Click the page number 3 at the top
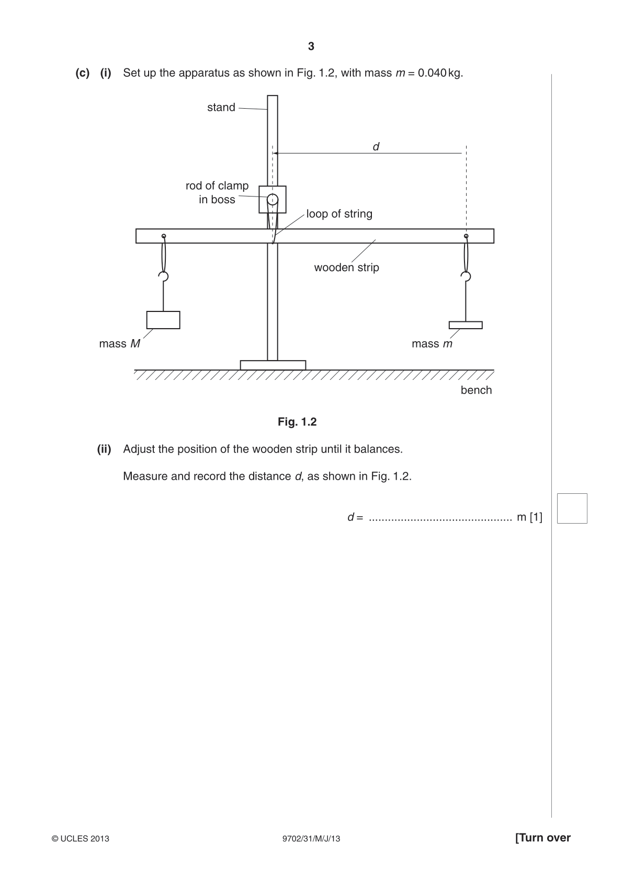click(311, 47)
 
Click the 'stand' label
click(221, 107)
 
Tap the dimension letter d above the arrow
click(376, 146)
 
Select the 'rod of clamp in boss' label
click(217, 192)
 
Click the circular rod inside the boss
click(272, 200)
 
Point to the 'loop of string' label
click(339, 214)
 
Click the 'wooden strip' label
click(346, 268)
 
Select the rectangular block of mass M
click(163, 320)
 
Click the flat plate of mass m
click(466, 325)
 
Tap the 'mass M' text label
click(120, 344)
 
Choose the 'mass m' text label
click(432, 344)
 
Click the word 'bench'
click(477, 390)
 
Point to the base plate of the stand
click(273, 365)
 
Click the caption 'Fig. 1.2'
click(297, 422)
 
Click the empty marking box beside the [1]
click(572, 508)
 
